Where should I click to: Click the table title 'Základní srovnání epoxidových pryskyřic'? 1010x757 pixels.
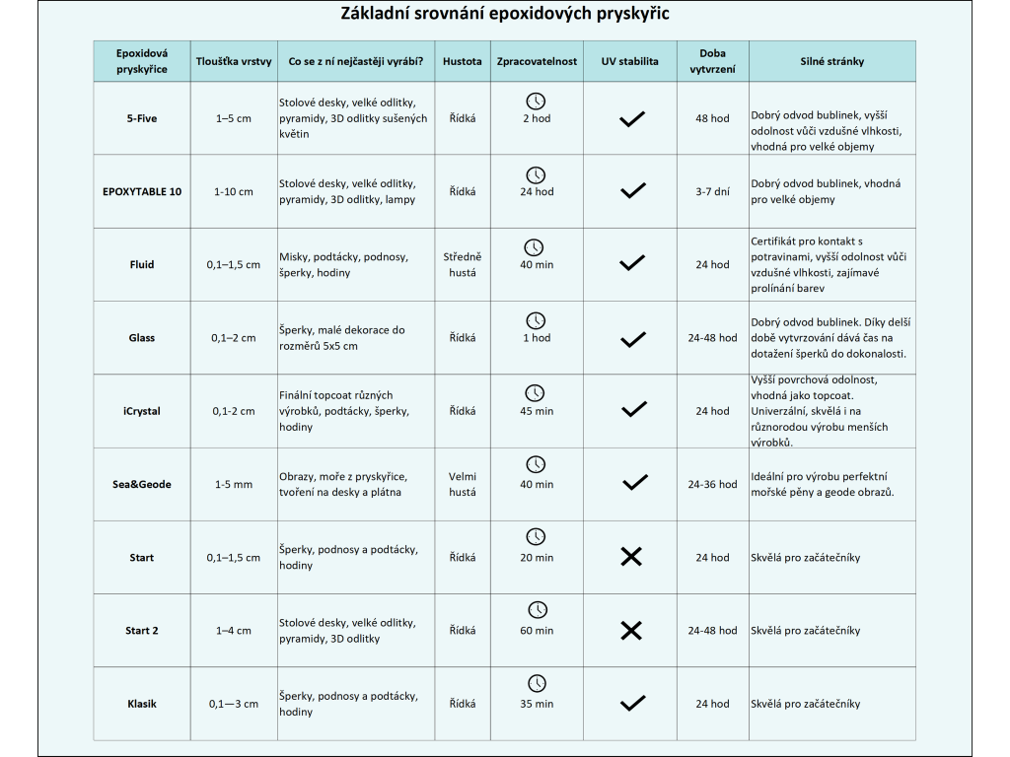504,14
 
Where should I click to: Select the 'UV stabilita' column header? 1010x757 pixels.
630,61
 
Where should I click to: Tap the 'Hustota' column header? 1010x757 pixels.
462,61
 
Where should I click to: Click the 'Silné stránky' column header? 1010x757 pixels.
832,61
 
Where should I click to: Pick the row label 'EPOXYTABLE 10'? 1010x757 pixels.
142,191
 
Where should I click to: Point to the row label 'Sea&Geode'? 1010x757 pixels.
142,484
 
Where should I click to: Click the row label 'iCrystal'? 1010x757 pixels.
142,411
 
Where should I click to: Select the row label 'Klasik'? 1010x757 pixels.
142,704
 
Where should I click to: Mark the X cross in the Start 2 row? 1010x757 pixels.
631,630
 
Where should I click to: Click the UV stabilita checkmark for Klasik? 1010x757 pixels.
632,703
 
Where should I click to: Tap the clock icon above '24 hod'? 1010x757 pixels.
536,175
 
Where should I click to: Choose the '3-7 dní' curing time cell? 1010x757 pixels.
712,191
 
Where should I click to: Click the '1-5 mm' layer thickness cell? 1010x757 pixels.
233,484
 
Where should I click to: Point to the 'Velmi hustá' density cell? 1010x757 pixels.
462,484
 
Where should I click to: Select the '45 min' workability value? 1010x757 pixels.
537,411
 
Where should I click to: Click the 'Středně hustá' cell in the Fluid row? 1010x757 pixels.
462,264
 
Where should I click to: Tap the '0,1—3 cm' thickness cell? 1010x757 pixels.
233,704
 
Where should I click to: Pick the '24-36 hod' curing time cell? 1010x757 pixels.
712,484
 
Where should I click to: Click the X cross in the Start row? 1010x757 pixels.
631,557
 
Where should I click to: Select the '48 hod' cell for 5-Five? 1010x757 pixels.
712,118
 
